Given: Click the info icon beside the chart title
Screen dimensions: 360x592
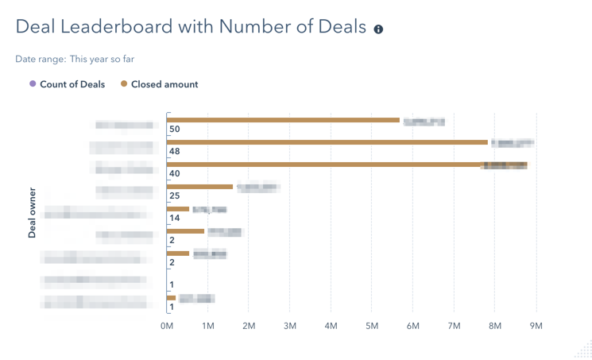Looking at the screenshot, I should click(x=378, y=29).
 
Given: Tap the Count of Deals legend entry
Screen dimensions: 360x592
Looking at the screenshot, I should click(x=72, y=84).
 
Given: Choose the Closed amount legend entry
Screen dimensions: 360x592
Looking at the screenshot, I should click(x=164, y=84).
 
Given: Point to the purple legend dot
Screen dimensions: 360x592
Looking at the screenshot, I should click(x=33, y=83).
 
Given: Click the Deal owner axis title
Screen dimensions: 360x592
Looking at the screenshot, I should click(x=33, y=213).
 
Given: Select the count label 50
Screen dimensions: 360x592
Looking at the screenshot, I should click(x=175, y=130).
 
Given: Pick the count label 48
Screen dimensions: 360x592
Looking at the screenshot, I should click(x=175, y=152).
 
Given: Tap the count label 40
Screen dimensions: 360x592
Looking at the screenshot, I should click(x=175, y=174).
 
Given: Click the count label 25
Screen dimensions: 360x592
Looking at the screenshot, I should click(x=175, y=196).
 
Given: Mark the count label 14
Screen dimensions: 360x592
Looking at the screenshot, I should click(x=175, y=219).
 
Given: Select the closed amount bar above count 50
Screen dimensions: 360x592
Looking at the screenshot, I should click(x=284, y=120).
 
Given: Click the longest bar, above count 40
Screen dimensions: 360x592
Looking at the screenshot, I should click(x=347, y=165).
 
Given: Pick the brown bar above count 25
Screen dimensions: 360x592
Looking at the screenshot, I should click(x=200, y=187).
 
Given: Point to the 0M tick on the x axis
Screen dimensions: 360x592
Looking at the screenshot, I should click(x=167, y=326).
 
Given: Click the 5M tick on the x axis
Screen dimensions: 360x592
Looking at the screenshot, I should click(x=372, y=326).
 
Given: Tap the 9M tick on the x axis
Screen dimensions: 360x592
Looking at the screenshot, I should click(x=536, y=326).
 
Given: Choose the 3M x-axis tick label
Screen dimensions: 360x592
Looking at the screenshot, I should click(x=290, y=326).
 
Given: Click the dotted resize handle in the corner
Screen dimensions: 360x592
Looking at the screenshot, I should click(x=584, y=350).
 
